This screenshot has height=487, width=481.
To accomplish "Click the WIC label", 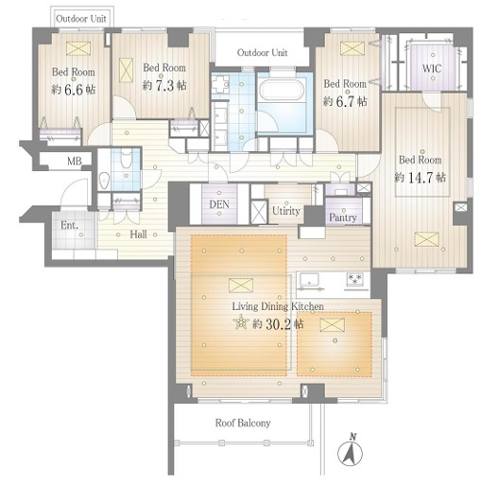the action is [432, 68].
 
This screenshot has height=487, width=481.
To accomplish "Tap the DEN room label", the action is [219, 204].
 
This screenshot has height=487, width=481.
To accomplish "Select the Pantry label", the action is [343, 217].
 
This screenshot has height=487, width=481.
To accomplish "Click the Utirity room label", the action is [286, 211].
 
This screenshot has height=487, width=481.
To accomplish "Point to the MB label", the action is [75, 161].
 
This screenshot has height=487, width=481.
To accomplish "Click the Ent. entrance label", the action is [69, 225].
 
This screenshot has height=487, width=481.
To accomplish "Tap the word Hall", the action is [139, 235].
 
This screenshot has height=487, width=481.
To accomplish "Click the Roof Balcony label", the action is [243, 423].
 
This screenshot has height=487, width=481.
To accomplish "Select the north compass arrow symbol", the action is [350, 451].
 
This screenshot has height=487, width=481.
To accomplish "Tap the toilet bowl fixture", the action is [126, 155].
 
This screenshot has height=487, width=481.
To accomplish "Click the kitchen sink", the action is [309, 280].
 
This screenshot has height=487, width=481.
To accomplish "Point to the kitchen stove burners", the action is [354, 280].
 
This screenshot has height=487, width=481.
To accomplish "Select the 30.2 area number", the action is [279, 324].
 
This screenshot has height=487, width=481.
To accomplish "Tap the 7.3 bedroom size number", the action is [164, 86].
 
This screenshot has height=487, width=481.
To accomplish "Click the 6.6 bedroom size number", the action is [74, 90].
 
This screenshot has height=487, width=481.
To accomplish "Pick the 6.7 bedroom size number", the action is [345, 101].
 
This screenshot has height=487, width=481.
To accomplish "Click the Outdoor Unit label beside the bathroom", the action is [262, 52].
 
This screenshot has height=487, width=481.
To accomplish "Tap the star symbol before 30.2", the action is [241, 322].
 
